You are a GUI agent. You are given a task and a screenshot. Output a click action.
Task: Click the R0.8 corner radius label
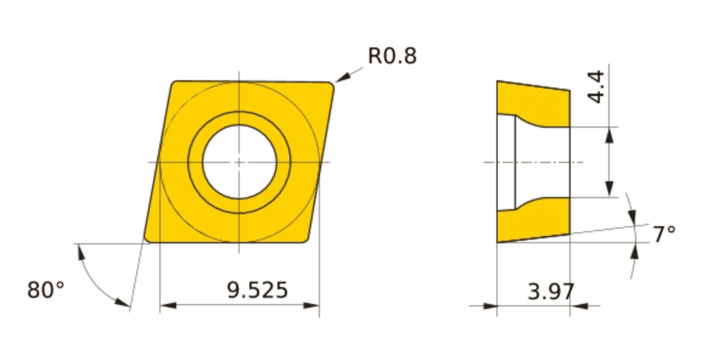392,56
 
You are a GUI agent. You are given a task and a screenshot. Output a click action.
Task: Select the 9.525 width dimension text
257,290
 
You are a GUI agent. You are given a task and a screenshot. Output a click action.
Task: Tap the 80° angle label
46,289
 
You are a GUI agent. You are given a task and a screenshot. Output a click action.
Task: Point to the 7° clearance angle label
664,235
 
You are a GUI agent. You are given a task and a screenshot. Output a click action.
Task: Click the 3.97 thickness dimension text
551,292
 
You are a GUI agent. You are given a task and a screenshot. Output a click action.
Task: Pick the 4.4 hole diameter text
596,87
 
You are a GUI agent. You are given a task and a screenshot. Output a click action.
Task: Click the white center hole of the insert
240,162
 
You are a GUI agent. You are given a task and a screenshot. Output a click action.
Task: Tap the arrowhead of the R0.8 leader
341,79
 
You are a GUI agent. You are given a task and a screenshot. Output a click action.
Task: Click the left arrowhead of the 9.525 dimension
167,305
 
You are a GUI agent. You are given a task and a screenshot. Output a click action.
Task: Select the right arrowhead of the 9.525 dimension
311,305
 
